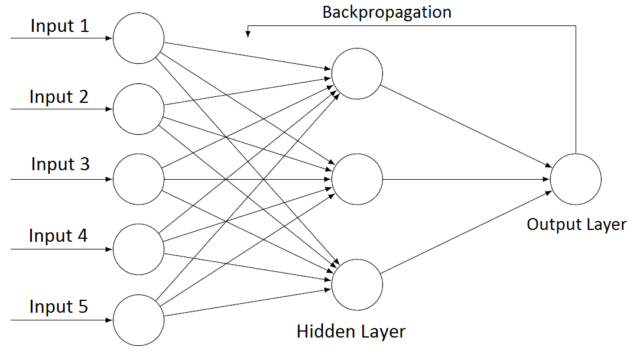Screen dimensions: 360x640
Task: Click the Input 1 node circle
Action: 138,38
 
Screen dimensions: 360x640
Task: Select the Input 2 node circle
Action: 138,109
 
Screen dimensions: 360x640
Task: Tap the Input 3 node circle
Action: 138,179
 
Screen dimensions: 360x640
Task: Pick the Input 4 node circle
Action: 138,249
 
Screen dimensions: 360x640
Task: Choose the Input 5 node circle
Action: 138,320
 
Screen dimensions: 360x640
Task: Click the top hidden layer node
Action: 357,73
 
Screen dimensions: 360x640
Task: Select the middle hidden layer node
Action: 357,179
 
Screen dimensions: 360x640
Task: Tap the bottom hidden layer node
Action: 357,284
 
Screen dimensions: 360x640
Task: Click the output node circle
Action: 576,179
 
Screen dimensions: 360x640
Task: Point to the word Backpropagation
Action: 386,12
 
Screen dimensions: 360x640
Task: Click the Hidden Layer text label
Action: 351,331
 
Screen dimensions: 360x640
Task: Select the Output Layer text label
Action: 576,225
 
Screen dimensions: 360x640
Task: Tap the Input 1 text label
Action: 60,27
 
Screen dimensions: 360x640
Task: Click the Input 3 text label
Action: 60,164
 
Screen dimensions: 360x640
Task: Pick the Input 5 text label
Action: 59,306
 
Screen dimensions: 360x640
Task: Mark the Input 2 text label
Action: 59,97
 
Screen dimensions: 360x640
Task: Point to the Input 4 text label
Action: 59,236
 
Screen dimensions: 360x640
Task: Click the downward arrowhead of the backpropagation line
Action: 248,34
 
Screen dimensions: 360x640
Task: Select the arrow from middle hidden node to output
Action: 466,179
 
